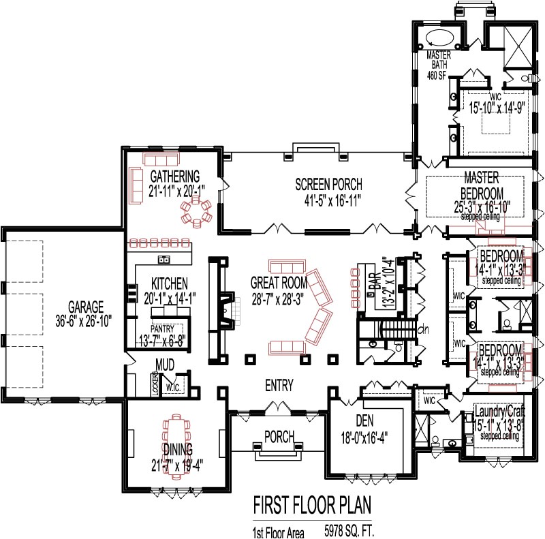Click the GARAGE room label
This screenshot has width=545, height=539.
[85, 306]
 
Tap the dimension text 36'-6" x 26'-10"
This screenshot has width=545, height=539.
[85, 319]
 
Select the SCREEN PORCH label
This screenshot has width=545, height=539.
[328, 185]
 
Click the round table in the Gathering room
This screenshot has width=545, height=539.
[196, 211]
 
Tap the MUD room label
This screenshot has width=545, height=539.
[166, 365]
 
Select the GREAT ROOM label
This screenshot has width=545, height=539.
[279, 282]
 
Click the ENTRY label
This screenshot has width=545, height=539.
[279, 386]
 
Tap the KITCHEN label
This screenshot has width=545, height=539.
[170, 282]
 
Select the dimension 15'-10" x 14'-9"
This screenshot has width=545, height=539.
[495, 107]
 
